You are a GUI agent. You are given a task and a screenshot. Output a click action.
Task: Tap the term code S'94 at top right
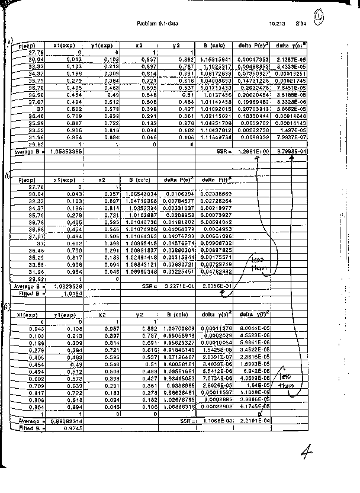[301, 24]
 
